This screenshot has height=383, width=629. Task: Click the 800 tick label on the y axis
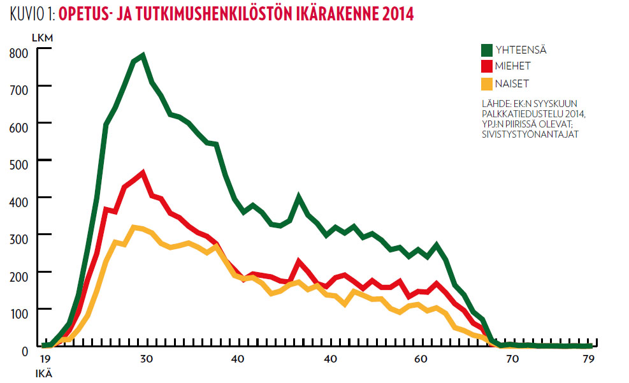pyautogui.click(x=19, y=53)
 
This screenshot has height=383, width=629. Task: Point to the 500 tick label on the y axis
pyautogui.click(x=19, y=160)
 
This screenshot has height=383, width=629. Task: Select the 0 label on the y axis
pyautogui.click(x=25, y=350)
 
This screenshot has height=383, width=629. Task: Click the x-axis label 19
pyautogui.click(x=45, y=359)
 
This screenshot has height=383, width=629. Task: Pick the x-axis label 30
pyautogui.click(x=147, y=359)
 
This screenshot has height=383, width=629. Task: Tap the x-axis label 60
pyautogui.click(x=421, y=359)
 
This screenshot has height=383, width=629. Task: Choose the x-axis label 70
pyautogui.click(x=512, y=359)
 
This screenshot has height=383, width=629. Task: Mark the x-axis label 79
pyautogui.click(x=589, y=359)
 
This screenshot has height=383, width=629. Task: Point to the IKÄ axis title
pyautogui.click(x=43, y=374)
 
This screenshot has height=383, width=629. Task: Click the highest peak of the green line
pyautogui.click(x=143, y=55)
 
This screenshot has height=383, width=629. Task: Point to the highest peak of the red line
pyautogui.click(x=143, y=172)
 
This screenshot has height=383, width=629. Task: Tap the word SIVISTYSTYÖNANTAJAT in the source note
pyautogui.click(x=530, y=134)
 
